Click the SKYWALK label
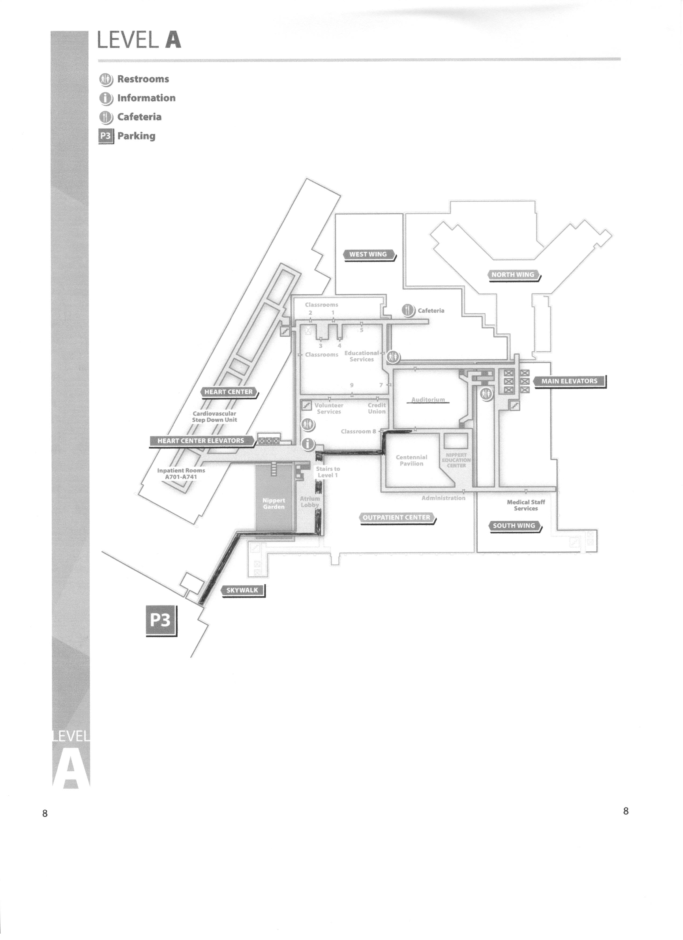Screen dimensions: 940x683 pyautogui.click(x=242, y=590)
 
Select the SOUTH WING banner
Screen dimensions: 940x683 pyautogui.click(x=514, y=525)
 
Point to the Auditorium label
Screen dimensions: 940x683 pyautogui.click(x=428, y=400)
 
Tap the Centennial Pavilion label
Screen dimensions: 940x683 pyautogui.click(x=411, y=460)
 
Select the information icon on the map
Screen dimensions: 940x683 pyautogui.click(x=307, y=444)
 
